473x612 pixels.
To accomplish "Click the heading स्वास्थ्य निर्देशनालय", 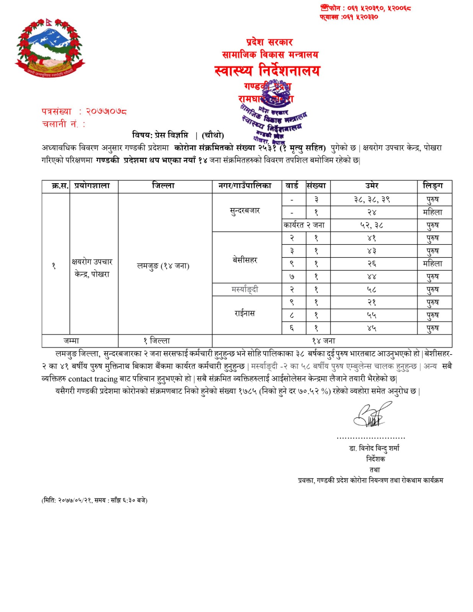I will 267,71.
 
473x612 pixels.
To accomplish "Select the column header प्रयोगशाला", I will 92,186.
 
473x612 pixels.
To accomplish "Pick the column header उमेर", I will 372,186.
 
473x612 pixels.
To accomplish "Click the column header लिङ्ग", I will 432,186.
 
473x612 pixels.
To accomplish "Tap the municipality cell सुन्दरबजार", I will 245,211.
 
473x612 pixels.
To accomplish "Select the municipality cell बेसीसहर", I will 245,260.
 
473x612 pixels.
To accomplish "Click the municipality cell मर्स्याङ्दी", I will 245,290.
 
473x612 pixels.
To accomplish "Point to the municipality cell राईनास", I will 245,314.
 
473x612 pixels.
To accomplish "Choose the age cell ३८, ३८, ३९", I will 372,199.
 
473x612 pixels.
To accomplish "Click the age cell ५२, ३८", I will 372,225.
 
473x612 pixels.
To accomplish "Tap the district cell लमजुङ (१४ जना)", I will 163,266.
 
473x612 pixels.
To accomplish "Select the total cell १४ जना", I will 323,341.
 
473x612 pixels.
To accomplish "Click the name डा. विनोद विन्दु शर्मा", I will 374,448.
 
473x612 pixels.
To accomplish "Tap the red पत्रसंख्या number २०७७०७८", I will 106,112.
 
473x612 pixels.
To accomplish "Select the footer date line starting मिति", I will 94,500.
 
